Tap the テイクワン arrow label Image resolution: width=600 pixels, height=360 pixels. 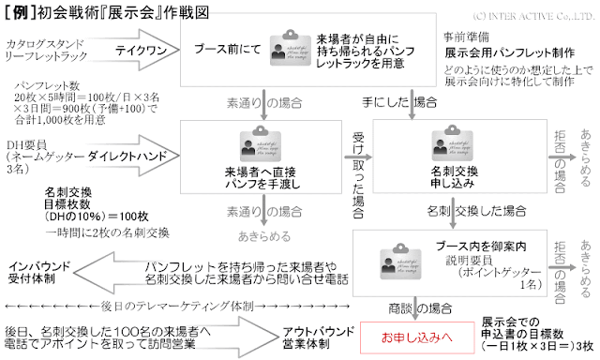[x=137, y=52]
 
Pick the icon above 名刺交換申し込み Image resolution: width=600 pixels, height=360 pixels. [x=443, y=142]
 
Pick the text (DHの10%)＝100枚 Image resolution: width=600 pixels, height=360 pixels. [x=94, y=217]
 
